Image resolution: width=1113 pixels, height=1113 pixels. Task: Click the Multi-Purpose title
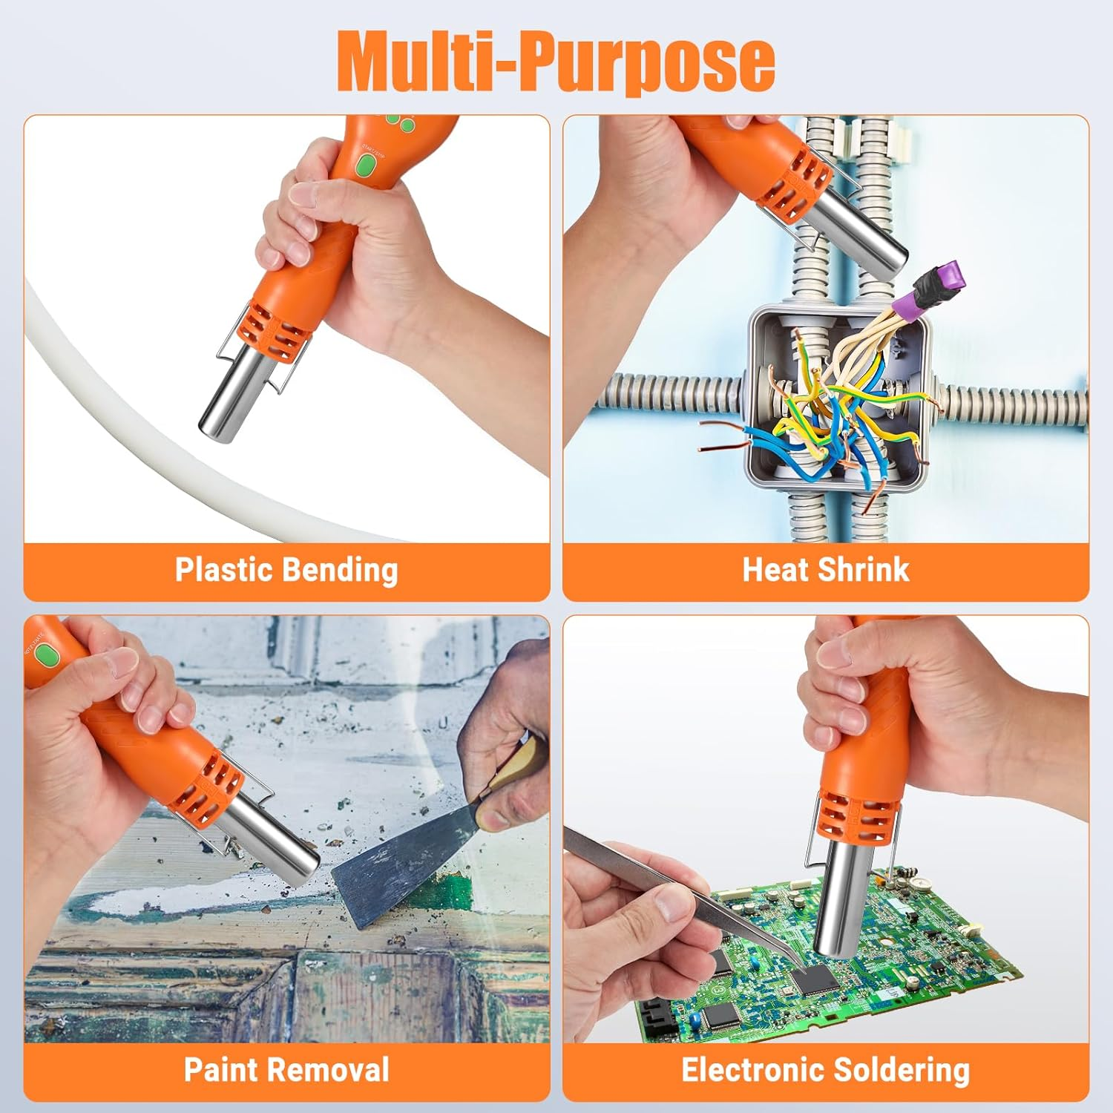click(556, 60)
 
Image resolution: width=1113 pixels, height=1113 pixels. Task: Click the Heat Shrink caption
click(826, 570)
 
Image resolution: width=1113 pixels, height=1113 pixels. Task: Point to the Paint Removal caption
click(286, 1070)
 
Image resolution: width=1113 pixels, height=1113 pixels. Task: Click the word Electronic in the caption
click(752, 1070)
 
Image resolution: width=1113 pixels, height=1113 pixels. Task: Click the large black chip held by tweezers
click(815, 979)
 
